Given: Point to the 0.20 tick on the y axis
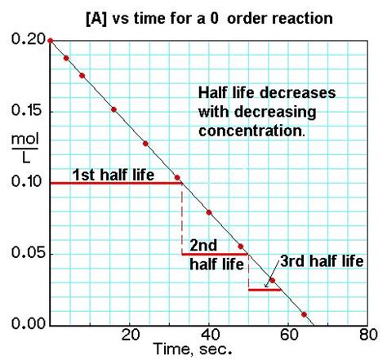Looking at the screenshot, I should click(x=26, y=40).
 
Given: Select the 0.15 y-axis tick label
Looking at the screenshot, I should click(x=26, y=111).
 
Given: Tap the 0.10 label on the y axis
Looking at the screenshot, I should click(x=26, y=182).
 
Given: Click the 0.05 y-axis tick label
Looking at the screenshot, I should click(x=26, y=254).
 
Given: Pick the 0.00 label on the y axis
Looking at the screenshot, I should click(x=26, y=325).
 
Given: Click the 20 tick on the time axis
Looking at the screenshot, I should click(x=129, y=335).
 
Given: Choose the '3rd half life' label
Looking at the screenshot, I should click(x=320, y=261).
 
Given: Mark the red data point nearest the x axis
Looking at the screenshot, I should click(x=304, y=314).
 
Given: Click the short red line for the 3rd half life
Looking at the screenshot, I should click(x=265, y=290).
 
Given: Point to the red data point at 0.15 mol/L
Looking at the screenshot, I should click(x=113, y=109).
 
